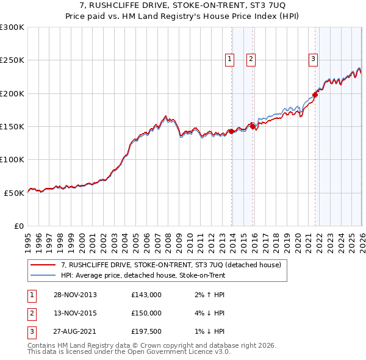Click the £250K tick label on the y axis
(x=12, y=60)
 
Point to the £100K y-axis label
(x=12, y=159)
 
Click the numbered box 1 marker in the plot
(x=230, y=59)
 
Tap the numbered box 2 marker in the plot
(x=251, y=59)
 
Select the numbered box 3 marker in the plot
(x=313, y=59)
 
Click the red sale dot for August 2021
(x=315, y=95)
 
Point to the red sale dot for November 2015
(x=253, y=127)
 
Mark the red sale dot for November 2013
(x=232, y=131)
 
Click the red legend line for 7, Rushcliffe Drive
(x=43, y=265)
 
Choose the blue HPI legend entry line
(x=43, y=276)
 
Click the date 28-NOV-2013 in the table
(x=75, y=295)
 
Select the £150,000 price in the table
(x=146, y=313)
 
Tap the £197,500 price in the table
(x=146, y=331)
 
